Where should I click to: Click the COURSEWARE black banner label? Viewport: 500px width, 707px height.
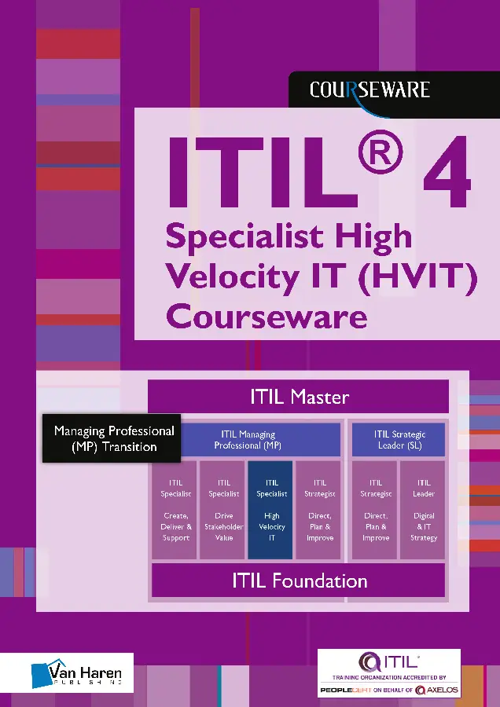pyautogui.click(x=369, y=90)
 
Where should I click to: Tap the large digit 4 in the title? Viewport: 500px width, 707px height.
pyautogui.click(x=446, y=170)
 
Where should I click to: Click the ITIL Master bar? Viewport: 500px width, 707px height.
pyautogui.click(x=299, y=397)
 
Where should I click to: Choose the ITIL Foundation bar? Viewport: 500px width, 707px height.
pyautogui.click(x=299, y=581)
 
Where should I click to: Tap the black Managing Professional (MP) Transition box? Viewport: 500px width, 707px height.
pyautogui.click(x=112, y=438)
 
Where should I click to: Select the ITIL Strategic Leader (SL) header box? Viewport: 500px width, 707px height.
pyautogui.click(x=398, y=440)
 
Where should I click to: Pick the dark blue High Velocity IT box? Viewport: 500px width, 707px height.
pyautogui.click(x=271, y=511)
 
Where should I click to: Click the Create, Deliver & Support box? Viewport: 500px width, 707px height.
pyautogui.click(x=175, y=511)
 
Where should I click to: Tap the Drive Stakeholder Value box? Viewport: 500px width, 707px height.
pyautogui.click(x=223, y=511)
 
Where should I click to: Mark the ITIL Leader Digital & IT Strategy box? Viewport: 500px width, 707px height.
pyautogui.click(x=423, y=511)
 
